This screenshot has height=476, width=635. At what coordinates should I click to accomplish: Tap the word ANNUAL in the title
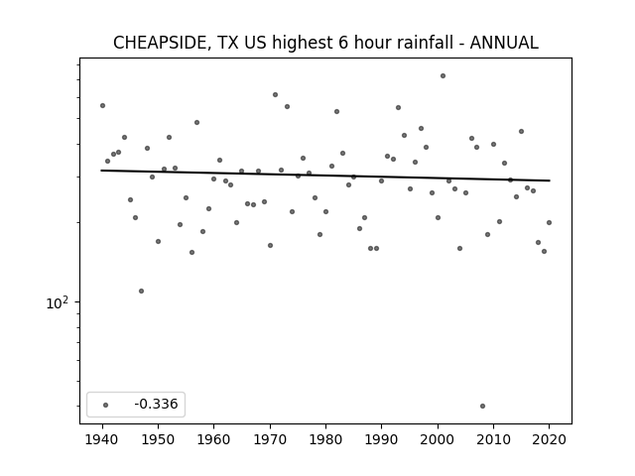(x=504, y=43)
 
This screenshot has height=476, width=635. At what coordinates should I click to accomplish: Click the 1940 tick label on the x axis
(x=102, y=439)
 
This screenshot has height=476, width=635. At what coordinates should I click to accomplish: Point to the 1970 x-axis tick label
(x=270, y=439)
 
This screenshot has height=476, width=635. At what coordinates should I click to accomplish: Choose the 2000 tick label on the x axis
(x=438, y=439)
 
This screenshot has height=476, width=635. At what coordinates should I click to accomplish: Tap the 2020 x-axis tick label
(x=549, y=439)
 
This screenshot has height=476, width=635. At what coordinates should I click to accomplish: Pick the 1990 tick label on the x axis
(x=381, y=439)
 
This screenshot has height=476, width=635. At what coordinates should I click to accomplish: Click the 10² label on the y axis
(x=58, y=302)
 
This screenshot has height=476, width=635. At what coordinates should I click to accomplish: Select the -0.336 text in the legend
(x=156, y=404)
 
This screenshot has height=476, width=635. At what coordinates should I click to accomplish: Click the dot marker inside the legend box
(x=106, y=405)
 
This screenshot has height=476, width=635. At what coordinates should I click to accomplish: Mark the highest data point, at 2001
(x=444, y=75)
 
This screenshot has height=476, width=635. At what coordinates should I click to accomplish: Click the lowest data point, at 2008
(x=482, y=406)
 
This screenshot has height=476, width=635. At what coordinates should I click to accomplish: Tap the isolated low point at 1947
(x=141, y=291)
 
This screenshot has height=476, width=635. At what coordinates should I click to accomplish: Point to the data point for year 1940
(x=102, y=106)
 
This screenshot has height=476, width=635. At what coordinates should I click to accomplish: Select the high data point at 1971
(x=276, y=95)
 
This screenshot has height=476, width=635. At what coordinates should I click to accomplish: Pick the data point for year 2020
(x=549, y=222)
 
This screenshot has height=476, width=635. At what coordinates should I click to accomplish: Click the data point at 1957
(x=196, y=122)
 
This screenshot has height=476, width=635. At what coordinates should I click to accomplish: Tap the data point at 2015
(x=521, y=131)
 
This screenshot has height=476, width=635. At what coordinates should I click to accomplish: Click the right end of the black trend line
(x=550, y=180)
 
